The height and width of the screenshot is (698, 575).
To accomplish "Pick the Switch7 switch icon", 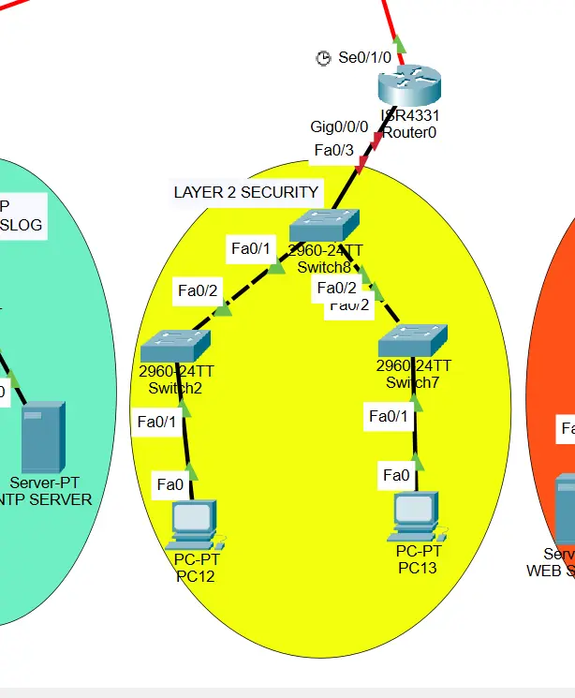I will [x=413, y=339].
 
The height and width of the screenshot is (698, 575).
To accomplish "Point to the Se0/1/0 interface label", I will [x=364, y=57].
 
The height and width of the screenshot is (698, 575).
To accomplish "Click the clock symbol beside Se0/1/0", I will [x=323, y=58].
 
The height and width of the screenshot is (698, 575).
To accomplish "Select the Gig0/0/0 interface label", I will [x=339, y=126].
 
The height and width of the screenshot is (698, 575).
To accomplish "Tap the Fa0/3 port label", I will [x=333, y=150].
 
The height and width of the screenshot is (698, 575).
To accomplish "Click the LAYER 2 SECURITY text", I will [x=246, y=192].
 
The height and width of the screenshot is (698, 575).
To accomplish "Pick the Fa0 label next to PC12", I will [x=170, y=484].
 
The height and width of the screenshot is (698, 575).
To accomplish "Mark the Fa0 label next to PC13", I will [x=396, y=475].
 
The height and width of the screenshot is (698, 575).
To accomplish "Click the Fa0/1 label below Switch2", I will [x=156, y=423].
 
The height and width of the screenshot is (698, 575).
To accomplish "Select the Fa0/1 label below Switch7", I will [x=389, y=416].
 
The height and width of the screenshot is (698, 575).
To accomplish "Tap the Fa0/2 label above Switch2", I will [x=198, y=290].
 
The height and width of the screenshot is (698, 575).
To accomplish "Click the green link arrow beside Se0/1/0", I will [x=399, y=43].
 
